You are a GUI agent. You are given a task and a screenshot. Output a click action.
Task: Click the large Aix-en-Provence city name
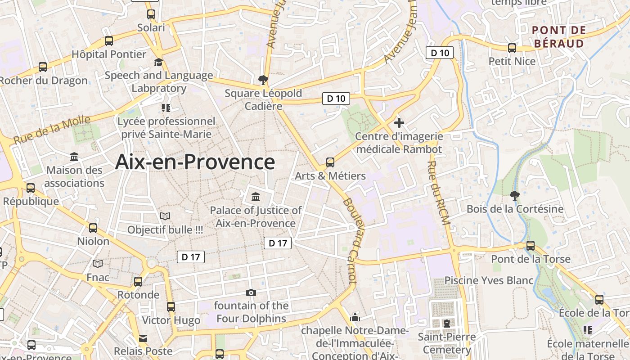tap(195, 162)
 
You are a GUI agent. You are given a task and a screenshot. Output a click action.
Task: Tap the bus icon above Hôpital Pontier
tap(109, 41)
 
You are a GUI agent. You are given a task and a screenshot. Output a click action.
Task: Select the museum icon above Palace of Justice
tap(256, 197)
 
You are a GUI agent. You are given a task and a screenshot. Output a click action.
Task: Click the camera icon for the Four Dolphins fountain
tap(251, 293)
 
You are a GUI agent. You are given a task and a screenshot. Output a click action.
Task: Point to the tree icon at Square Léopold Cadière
tap(263, 80)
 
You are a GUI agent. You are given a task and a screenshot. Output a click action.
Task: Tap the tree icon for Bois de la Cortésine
tap(515, 195)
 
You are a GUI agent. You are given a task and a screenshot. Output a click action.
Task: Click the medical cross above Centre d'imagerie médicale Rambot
tap(399, 122)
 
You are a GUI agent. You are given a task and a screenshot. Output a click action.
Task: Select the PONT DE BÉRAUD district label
tap(558, 37)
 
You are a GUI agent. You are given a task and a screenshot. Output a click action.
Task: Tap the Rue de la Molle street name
tap(52, 130)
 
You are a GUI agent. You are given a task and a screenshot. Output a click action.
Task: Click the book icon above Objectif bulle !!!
tap(165, 216)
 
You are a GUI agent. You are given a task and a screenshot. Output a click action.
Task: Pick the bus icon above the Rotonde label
tap(138, 282)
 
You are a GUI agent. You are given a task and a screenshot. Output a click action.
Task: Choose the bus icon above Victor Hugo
tap(171, 307)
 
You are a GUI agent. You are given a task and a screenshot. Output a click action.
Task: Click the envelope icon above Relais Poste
tap(143, 338)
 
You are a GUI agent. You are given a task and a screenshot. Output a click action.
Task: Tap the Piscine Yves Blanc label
tap(489, 280)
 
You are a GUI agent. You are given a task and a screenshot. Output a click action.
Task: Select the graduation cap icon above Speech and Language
tap(158, 62)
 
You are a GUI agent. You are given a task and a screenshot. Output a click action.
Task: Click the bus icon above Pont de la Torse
tap(531, 246)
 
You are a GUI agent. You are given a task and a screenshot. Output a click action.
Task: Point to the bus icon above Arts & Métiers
tap(330, 162)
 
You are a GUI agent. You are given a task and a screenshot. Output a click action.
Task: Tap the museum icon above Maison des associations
tap(74, 157)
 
